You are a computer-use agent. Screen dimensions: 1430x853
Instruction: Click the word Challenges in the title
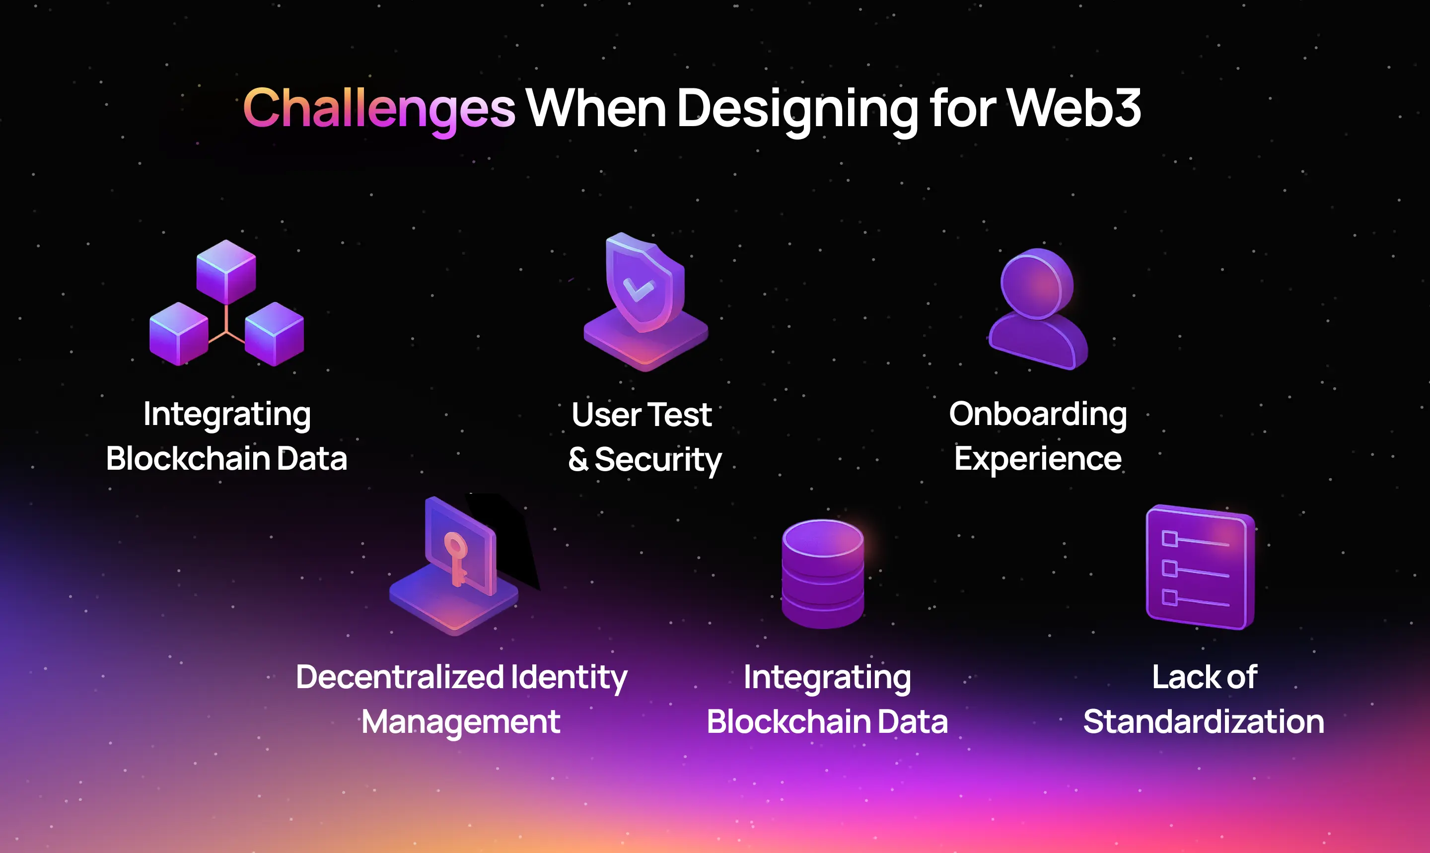click(x=379, y=109)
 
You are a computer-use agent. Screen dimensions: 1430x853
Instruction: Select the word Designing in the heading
click(x=798, y=110)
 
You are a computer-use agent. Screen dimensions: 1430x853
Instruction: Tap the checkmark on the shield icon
click(x=638, y=289)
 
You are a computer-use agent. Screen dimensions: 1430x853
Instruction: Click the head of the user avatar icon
click(x=1036, y=284)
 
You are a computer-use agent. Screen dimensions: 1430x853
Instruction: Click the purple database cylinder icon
click(x=822, y=573)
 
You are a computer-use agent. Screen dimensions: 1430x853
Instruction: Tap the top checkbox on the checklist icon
click(x=1170, y=539)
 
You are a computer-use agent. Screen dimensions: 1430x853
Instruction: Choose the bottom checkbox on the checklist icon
click(x=1170, y=597)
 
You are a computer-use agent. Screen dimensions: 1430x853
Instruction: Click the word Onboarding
click(x=1037, y=415)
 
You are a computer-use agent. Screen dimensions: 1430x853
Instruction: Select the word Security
click(x=658, y=460)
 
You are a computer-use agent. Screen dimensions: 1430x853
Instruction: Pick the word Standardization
click(x=1204, y=721)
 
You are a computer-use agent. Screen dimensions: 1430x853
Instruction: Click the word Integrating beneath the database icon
click(x=827, y=678)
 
